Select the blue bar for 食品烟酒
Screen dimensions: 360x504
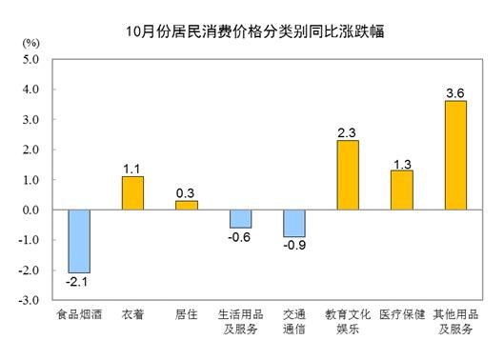coord(78,241)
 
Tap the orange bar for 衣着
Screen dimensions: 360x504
coord(132,193)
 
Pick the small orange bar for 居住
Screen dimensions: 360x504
coord(187,205)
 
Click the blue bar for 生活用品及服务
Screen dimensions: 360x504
coord(240,219)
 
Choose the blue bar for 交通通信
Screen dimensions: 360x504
coord(294,223)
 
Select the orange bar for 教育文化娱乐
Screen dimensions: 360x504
coord(348,175)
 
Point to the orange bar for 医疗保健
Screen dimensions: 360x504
coord(402,190)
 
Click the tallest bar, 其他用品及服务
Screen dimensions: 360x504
coord(455,155)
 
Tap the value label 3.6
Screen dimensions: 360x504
coord(455,92)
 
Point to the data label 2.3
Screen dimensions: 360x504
coord(348,132)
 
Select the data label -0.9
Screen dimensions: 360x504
coord(294,245)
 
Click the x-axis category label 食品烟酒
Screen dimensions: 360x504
coord(78,315)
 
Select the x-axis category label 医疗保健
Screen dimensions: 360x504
coord(401,315)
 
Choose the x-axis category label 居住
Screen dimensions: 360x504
coord(187,315)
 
